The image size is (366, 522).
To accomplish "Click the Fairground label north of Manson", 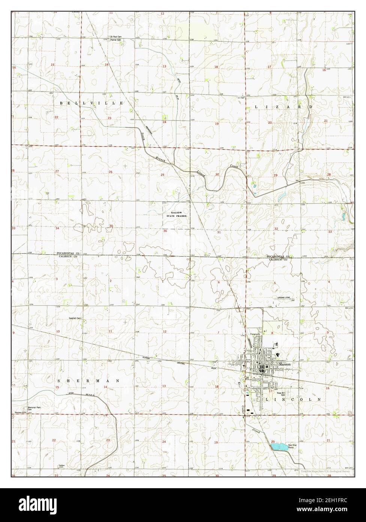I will click(255, 334).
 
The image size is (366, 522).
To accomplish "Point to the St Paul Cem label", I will click(115, 37).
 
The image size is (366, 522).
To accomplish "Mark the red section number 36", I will click(165, 231).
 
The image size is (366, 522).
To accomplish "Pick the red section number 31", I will click(219, 232).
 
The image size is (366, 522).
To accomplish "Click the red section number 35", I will click(111, 226).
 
